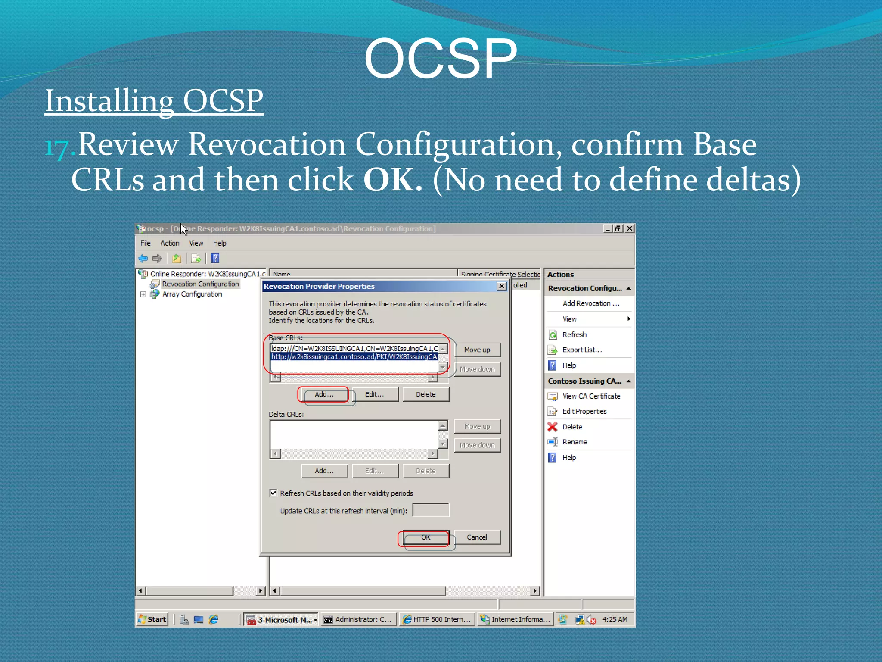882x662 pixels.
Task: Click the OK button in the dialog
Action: (x=425, y=537)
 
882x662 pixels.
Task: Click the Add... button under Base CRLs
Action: (x=324, y=394)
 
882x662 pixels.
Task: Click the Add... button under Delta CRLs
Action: (x=324, y=471)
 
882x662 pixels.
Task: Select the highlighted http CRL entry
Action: (x=354, y=357)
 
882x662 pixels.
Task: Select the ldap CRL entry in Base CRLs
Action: (x=354, y=348)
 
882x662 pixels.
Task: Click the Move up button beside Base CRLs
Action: (x=477, y=350)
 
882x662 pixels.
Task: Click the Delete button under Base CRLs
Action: (x=425, y=394)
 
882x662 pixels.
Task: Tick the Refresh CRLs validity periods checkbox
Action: (x=273, y=493)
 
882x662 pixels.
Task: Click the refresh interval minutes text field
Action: (x=431, y=510)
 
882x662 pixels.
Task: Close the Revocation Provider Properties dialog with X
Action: (x=501, y=286)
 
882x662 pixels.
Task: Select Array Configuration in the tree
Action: (x=192, y=294)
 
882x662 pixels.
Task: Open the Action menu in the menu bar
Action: (x=170, y=243)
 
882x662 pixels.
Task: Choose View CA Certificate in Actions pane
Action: (x=591, y=396)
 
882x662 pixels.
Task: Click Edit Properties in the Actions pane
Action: (x=584, y=411)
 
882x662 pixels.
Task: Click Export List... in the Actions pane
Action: (x=582, y=350)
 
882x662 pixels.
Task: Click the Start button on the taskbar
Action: (x=152, y=619)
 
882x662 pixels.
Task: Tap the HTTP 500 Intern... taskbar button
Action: (x=437, y=619)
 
